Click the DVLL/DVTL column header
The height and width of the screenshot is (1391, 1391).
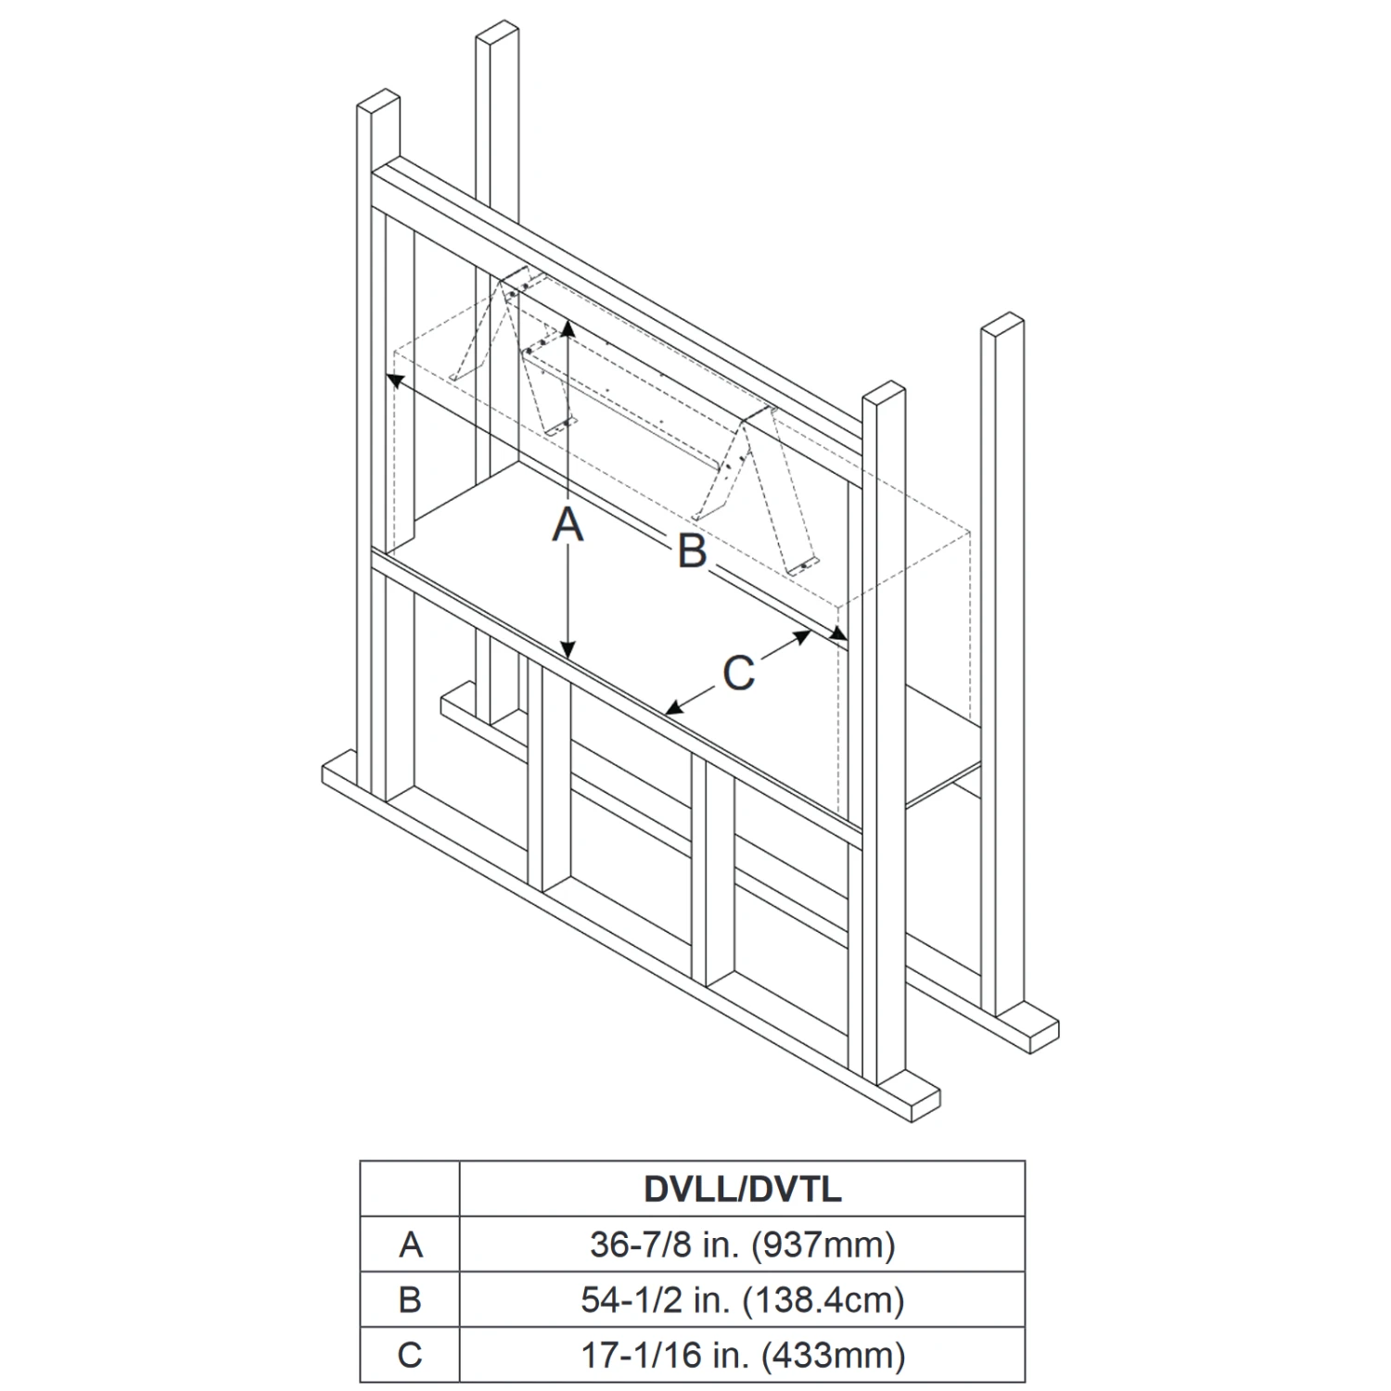(743, 1189)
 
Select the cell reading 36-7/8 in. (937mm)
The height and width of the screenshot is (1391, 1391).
(743, 1244)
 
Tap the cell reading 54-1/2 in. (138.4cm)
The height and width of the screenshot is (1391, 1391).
(743, 1300)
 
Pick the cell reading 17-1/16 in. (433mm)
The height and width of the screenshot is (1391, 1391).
(743, 1356)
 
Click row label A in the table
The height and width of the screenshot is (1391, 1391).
(410, 1244)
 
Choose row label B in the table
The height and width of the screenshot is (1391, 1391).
(410, 1300)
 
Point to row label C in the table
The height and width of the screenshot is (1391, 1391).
(410, 1356)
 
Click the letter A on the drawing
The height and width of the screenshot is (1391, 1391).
(568, 525)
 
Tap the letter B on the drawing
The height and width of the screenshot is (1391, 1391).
(692, 551)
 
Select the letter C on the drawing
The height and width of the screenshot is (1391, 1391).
(738, 673)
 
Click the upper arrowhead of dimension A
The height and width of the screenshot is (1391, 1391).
(568, 327)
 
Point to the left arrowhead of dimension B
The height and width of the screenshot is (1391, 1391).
(393, 378)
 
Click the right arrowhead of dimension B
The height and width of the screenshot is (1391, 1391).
(840, 635)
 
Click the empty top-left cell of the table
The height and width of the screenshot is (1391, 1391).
(410, 1189)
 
